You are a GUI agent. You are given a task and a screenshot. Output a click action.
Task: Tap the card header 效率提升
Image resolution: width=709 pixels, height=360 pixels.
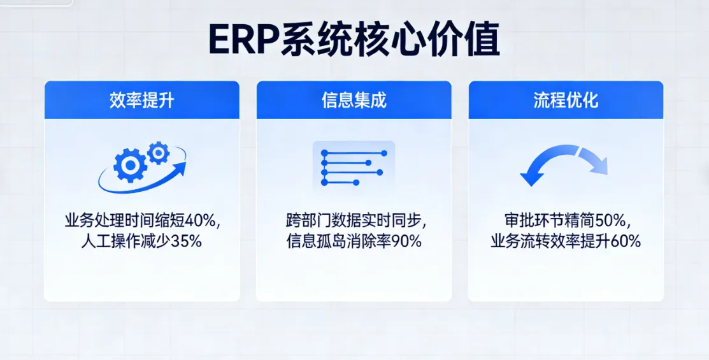click(x=141, y=100)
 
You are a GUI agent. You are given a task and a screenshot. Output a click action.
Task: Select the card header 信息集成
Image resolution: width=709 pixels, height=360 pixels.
click(x=354, y=100)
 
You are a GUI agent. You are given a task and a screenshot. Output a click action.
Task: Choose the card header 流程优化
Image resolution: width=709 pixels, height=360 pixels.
click(x=566, y=100)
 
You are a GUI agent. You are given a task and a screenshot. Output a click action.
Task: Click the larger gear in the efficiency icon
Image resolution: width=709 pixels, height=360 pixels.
click(x=130, y=166)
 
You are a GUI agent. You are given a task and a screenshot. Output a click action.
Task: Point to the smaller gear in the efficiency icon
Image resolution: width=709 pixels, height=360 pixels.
click(x=158, y=152)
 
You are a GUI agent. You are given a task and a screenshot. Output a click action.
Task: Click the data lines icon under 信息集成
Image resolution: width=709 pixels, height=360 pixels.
click(x=354, y=167)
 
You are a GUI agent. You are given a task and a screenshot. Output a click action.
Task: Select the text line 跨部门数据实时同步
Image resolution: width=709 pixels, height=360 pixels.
click(x=351, y=222)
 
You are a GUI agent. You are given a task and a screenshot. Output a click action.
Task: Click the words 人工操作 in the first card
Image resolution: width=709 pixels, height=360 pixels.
click(x=104, y=241)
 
